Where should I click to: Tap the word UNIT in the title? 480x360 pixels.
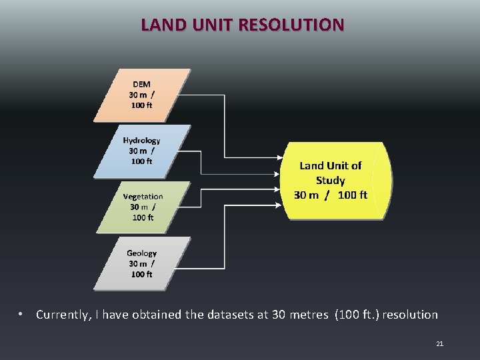(x=210, y=25)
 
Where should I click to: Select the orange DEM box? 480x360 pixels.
(x=141, y=95)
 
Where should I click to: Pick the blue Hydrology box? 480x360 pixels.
(x=141, y=151)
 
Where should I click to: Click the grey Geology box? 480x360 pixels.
(x=141, y=263)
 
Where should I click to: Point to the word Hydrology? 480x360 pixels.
(x=141, y=141)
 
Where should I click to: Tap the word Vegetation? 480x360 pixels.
(x=143, y=197)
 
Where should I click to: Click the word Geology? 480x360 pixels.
(x=141, y=253)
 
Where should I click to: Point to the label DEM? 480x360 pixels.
(x=141, y=85)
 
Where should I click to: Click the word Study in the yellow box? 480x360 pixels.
(x=331, y=181)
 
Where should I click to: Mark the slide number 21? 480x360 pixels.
(x=439, y=344)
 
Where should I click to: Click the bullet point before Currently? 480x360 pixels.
(x=21, y=314)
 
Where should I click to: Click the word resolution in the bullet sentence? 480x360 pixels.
(x=407, y=315)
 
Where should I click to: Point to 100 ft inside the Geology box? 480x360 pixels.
(x=141, y=274)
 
